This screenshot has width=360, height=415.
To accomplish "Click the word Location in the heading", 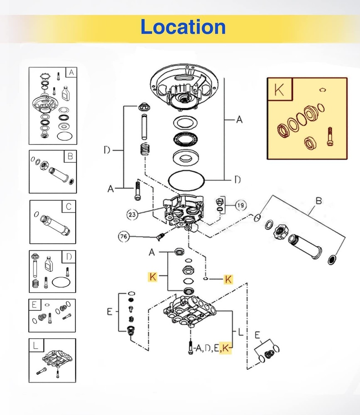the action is coord(183,27).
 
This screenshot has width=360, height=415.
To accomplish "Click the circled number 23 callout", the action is coord(132,215).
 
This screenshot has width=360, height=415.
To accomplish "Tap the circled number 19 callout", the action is coord(240,205).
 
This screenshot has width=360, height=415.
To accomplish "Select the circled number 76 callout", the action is coord(124,236).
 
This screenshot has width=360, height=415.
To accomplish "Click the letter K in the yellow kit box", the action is coord(279,90).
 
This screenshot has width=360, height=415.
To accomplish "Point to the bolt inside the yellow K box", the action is coord(330,136).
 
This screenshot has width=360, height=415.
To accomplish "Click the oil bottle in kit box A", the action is coord(65,93).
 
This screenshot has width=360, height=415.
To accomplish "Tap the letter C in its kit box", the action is coord(69,206).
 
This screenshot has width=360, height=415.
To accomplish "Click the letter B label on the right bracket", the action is coord(318,200).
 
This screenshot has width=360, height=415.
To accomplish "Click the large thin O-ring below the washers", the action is coord(186,180).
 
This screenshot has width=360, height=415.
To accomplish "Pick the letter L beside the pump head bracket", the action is coord(240,332).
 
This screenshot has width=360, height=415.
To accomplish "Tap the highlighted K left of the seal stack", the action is coord(152,277).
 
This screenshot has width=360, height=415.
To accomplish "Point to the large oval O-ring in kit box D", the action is coord(61,282).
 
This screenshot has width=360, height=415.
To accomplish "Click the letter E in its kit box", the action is coord(34,305).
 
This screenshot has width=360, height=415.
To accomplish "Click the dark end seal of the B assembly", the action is coord(332,260).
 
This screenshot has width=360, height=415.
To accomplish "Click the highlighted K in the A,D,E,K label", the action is coord(225,348).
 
